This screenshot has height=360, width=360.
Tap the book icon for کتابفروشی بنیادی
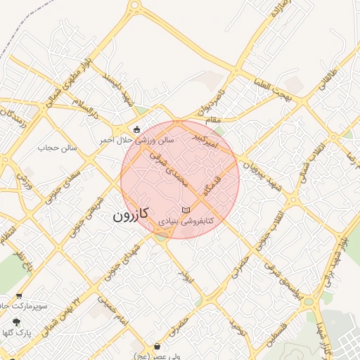tap(186, 210)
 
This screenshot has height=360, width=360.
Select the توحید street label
tap(238, 329)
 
